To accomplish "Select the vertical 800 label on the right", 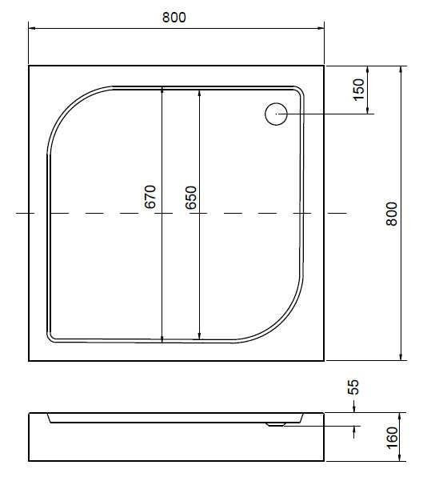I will [391, 214].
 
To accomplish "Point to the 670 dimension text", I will [150, 197].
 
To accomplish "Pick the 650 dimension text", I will [190, 197].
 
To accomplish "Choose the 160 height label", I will [392, 438].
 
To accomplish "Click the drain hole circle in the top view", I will [277, 114].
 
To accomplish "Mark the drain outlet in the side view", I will [276, 425].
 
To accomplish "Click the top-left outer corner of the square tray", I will [30, 66].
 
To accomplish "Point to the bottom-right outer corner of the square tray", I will [324, 360].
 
